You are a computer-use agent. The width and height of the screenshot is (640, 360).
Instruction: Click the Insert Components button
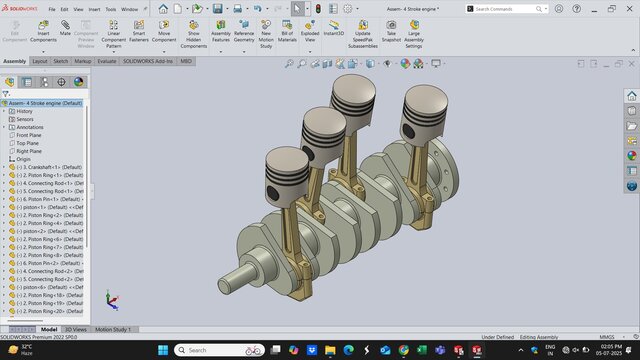coord(43,36)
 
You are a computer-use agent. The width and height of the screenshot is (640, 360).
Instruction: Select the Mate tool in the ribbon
coord(65,36)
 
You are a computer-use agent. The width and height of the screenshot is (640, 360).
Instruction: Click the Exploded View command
coord(311,36)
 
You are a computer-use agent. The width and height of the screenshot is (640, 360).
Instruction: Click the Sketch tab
coord(61,61)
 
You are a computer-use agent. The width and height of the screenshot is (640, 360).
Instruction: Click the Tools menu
coord(110,9)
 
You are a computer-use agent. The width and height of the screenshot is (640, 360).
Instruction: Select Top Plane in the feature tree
coord(27,143)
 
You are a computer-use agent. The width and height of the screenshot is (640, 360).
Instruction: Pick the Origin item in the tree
coord(23,159)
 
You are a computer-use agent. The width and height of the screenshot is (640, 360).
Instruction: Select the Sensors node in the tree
coord(25,119)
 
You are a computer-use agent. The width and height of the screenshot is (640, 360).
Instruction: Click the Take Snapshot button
coord(391,36)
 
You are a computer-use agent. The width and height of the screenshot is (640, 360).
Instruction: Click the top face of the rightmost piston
coord(421,93)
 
